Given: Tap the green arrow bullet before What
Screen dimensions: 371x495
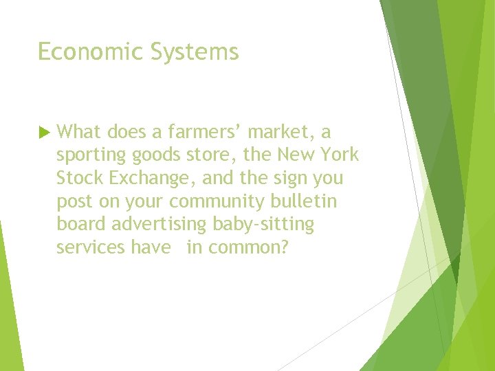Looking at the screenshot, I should (43, 131).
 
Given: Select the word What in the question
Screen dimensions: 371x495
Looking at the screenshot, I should (79, 131).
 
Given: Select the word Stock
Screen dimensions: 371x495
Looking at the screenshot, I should (78, 177).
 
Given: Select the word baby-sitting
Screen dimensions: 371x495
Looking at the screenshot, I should (272, 225).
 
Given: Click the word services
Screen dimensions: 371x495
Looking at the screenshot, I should (90, 247).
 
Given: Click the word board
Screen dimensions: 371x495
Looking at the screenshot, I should (82, 224).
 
